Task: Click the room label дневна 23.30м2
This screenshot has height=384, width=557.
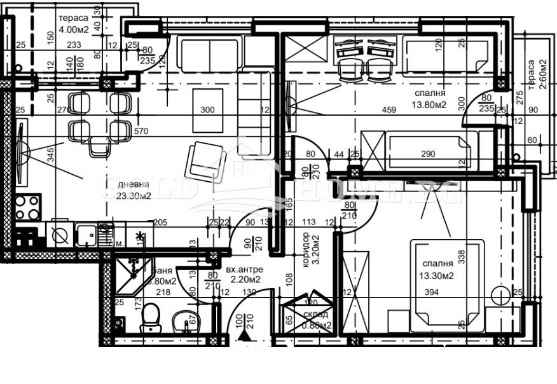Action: pyautogui.click(x=134, y=190)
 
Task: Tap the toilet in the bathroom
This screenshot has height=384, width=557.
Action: pyautogui.click(x=151, y=317)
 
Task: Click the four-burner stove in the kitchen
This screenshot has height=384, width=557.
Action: pyautogui.click(x=27, y=207)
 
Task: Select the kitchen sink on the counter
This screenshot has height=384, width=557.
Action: pyautogui.click(x=86, y=234)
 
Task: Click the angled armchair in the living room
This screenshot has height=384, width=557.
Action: pyautogui.click(x=205, y=161)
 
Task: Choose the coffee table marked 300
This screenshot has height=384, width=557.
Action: pyautogui.click(x=208, y=109)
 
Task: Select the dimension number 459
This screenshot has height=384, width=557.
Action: pyautogui.click(x=389, y=110)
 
